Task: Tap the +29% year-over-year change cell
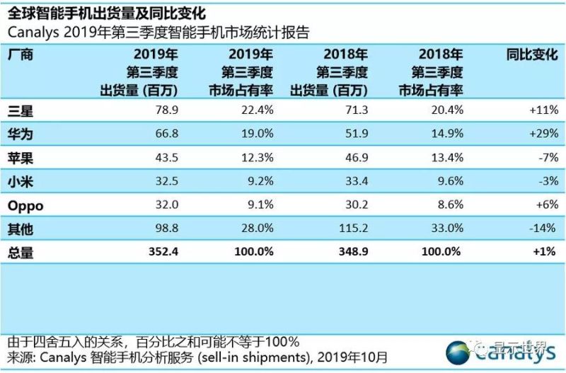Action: click(543, 134)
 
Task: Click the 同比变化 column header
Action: click(533, 54)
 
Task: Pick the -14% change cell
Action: click(544, 229)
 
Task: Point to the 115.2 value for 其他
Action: click(350, 229)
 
